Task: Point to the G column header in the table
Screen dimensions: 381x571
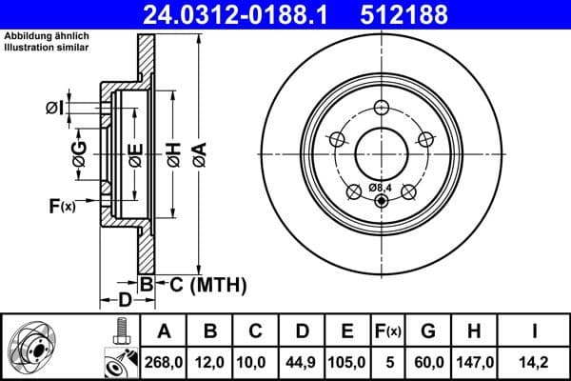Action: [x=427, y=331]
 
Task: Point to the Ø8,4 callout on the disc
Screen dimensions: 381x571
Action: [x=380, y=187]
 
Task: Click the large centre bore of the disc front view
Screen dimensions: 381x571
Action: [x=382, y=152]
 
